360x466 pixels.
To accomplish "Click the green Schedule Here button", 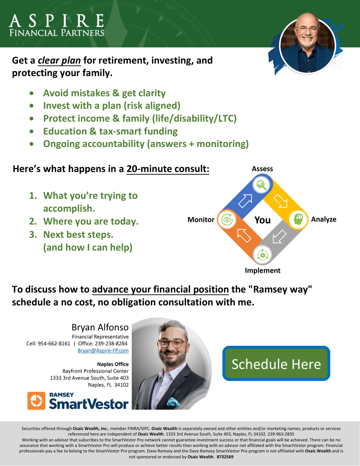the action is [x=276, y=363].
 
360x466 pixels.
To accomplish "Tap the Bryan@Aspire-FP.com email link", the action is [x=103, y=351].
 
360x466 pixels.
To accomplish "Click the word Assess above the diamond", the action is [x=262, y=169].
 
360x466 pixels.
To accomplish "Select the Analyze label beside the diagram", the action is [x=324, y=219].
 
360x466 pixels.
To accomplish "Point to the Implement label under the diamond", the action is [x=263, y=270].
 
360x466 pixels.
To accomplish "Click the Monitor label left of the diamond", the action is [x=201, y=220].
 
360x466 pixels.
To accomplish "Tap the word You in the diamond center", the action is [x=263, y=220].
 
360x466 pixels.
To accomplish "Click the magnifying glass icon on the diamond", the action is [x=262, y=184].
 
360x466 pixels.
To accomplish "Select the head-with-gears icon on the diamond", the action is [x=298, y=219].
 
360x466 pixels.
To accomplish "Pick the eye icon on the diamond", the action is [x=227, y=220].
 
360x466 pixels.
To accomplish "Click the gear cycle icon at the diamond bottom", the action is [x=263, y=255].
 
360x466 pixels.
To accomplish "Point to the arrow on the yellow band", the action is [x=280, y=201].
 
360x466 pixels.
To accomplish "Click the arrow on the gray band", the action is [x=280, y=237].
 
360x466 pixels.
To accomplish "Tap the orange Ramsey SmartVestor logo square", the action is [x=36, y=401].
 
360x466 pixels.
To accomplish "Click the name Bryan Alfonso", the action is [x=100, y=327].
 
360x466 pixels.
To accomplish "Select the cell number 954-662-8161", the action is [x=54, y=344].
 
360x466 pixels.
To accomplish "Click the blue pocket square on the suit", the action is [x=173, y=401].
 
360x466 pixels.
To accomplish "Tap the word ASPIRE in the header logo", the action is [x=57, y=21].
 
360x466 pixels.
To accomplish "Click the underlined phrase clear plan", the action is [x=60, y=61].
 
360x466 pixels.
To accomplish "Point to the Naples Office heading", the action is [x=113, y=364].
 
